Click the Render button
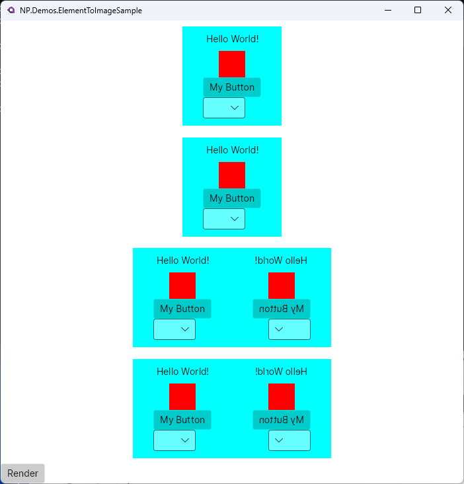pos(23,473)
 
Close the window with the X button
pos(448,10)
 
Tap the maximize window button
pos(418,10)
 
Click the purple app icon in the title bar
pos(11,10)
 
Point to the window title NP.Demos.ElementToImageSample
pos(81,11)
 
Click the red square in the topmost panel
pos(232,64)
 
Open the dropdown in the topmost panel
pos(224,108)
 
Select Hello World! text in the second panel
pos(232,150)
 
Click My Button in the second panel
pos(232,198)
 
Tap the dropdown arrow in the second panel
pos(235,219)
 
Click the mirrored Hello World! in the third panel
pos(282,261)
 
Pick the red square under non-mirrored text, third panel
pos(182,286)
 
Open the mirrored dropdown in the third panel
pos(290,329)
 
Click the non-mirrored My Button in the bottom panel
pos(182,420)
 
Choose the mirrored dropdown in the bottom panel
pos(290,440)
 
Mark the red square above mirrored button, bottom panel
pos(282,397)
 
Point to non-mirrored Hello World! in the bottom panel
pos(182,372)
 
